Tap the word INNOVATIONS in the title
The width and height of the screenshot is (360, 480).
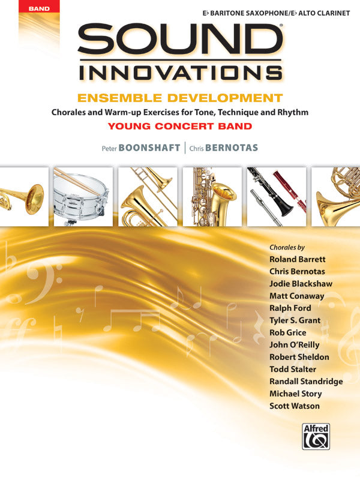pyautogui.click(x=180, y=73)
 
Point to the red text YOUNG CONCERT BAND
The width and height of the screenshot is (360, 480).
pyautogui.click(x=179, y=126)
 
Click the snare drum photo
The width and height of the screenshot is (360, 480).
pyautogui.click(x=83, y=196)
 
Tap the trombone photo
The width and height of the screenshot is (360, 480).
pyautogui.click(x=148, y=196)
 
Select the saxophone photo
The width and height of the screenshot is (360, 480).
pyautogui.click(x=212, y=196)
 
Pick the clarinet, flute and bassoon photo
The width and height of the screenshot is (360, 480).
pyautogui.click(x=276, y=196)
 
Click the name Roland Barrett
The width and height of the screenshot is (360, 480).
pyautogui.click(x=298, y=259)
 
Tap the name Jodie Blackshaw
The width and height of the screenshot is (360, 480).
pyautogui.click(x=301, y=284)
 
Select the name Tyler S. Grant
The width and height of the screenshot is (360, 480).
pyautogui.click(x=295, y=320)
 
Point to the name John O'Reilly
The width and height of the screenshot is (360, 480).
pyautogui.click(x=294, y=345)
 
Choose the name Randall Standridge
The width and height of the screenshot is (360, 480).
pyautogui.click(x=306, y=382)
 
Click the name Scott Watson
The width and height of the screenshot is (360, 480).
pyautogui.click(x=295, y=406)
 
